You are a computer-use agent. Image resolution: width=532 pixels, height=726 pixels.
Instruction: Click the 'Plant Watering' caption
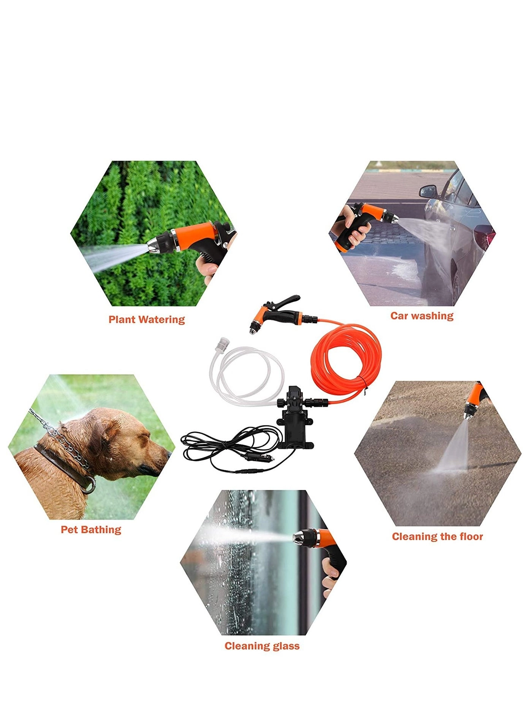(147, 320)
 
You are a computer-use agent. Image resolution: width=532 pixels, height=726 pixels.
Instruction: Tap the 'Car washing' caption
(422, 316)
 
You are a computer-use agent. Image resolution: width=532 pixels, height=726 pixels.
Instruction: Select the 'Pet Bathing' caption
(91, 530)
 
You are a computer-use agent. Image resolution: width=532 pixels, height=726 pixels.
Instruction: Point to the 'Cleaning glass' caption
(262, 646)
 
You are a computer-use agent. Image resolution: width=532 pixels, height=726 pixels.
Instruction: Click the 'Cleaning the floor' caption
(437, 537)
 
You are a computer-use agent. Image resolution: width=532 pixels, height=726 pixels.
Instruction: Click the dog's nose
(168, 454)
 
